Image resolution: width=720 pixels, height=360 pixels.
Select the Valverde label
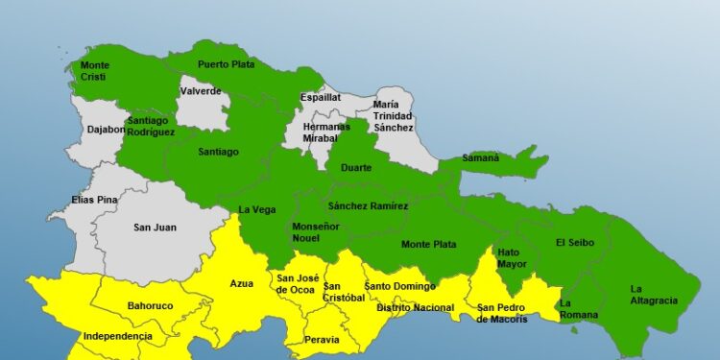tap(201, 92)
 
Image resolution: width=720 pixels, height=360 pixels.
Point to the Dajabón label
tap(106, 129)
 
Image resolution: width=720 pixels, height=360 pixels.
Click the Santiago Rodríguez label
tap(151, 126)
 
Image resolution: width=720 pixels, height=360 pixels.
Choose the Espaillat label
tap(321, 97)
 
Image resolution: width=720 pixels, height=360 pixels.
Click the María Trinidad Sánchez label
tap(394, 115)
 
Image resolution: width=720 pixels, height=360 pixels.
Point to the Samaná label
tap(480, 157)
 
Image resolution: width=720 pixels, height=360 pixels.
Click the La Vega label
tap(257, 209)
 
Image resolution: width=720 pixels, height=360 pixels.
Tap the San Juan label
tap(154, 228)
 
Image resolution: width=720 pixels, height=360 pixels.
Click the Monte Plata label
tap(429, 244)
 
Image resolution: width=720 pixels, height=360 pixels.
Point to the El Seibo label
tap(574, 242)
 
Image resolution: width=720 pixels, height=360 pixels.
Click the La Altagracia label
tap(653, 294)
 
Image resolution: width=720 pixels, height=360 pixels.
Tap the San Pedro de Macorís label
tap(502, 313)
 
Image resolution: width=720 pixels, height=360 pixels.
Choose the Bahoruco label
tap(150, 306)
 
